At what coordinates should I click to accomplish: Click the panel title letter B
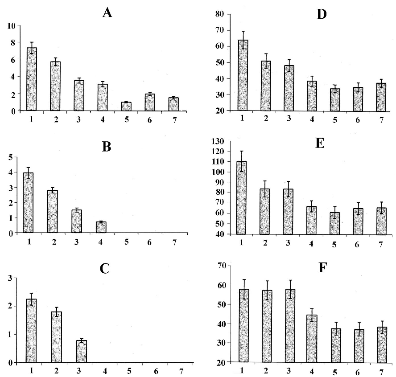(107, 147)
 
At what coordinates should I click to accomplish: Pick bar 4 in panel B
(102, 227)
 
